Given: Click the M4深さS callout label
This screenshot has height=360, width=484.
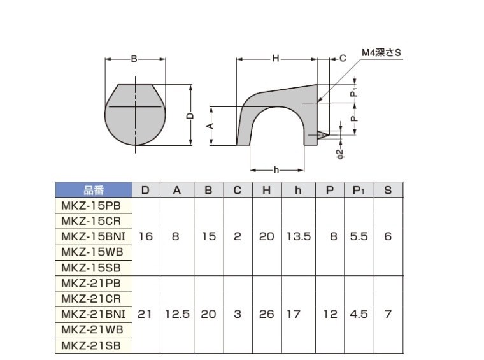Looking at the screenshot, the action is pos(381,53).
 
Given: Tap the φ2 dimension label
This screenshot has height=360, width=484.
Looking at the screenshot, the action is pos(340,154).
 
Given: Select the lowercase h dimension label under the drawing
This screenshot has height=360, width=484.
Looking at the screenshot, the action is pos(276,170).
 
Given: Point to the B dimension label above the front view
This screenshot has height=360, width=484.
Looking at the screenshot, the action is pos(134,59).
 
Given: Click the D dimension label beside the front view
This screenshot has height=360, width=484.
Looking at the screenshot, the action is pos(191,116).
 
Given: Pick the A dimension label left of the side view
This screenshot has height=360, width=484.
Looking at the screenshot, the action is pos(210,126).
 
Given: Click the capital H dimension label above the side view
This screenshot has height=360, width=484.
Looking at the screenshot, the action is pos(276,58).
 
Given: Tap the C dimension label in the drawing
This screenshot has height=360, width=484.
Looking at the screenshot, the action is pos(343,59).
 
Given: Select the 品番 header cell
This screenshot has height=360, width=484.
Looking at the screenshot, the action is pos(94,190).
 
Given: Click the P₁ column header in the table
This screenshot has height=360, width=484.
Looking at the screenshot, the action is pos(359,190).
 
